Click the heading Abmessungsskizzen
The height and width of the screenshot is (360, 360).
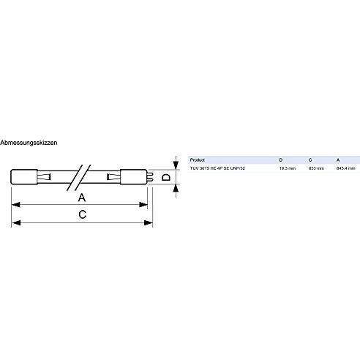click(29, 143)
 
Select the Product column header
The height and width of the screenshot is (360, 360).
click(198, 160)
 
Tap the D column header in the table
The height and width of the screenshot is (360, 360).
click(281, 160)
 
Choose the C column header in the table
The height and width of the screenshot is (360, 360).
click(310, 160)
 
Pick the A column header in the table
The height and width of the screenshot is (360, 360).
click(338, 160)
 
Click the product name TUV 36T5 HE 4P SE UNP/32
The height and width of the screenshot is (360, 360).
click(217, 168)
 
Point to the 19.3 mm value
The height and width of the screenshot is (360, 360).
click(288, 168)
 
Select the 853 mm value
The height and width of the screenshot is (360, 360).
click(316, 168)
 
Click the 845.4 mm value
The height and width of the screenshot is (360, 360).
click(346, 168)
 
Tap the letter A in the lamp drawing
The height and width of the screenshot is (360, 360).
click(82, 198)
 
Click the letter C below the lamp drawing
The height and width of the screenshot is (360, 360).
click(83, 214)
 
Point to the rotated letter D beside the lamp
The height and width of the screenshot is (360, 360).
click(166, 177)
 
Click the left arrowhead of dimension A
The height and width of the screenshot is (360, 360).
click(16, 205)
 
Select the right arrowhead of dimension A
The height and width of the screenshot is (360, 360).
click(143, 205)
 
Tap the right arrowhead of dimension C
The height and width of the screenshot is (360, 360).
click(149, 222)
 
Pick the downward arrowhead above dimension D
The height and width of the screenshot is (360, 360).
click(176, 165)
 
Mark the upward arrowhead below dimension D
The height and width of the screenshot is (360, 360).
click(176, 189)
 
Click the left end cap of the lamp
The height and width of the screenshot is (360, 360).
click(24, 177)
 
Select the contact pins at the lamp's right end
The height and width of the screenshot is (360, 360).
click(150, 177)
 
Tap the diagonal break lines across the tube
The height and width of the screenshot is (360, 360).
click(79, 178)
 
